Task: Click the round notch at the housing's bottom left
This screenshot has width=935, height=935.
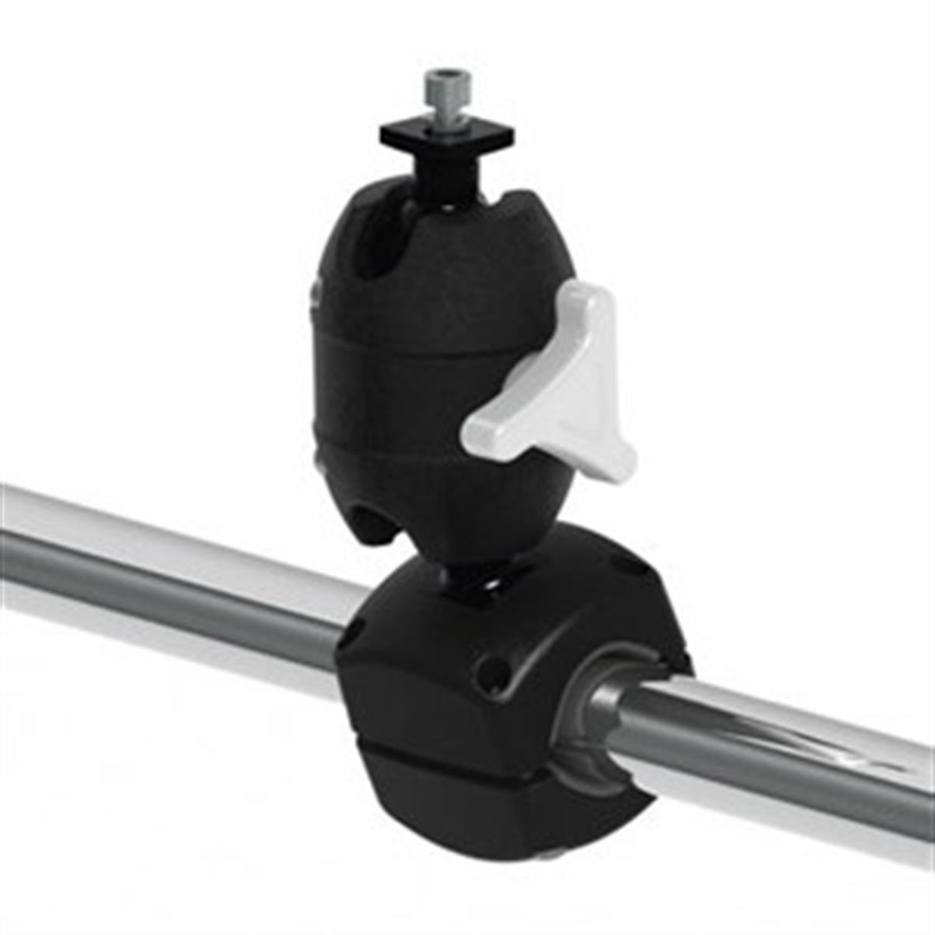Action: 372,522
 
